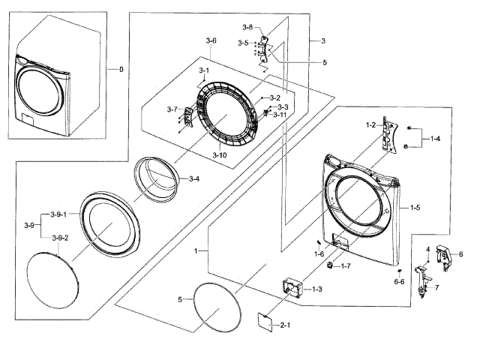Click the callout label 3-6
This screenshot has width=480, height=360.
(x=211, y=40)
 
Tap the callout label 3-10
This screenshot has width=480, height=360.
(x=219, y=154)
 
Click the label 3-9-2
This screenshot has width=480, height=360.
(x=59, y=238)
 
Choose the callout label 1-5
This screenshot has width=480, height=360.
(x=415, y=207)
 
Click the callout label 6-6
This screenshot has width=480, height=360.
(x=399, y=281)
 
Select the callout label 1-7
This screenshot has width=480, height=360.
(x=346, y=266)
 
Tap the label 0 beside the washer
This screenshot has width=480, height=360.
(x=120, y=70)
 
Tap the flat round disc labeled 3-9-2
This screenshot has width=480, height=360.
(x=52, y=278)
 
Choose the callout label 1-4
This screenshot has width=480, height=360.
(x=435, y=139)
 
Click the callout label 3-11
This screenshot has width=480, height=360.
(x=279, y=115)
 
